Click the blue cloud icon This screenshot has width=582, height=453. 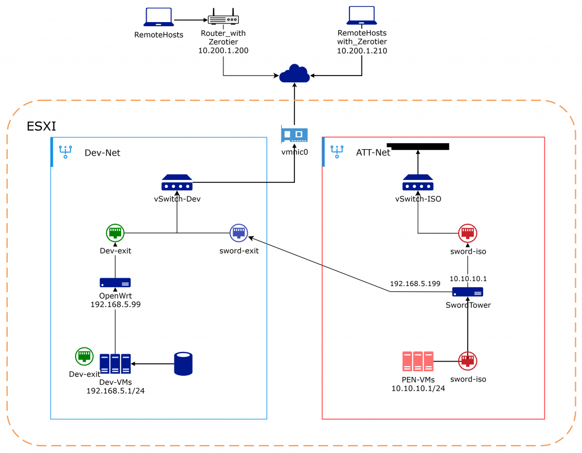tap(294, 74)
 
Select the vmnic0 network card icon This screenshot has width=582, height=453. tap(294, 135)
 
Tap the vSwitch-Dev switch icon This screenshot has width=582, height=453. tap(177, 183)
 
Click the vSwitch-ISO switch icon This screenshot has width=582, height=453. tap(418, 183)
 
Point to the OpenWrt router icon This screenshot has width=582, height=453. tap(115, 282)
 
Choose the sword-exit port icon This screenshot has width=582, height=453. tap(239, 233)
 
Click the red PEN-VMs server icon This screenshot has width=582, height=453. tap(418, 361)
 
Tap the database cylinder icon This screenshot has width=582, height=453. tap(183, 364)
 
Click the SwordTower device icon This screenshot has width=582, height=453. tap(468, 292)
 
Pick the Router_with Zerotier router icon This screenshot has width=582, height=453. tap(223, 19)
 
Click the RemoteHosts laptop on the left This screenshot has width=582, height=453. tap(159, 18)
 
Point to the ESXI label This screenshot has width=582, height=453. tap(41, 126)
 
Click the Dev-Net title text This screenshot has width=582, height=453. tap(102, 153)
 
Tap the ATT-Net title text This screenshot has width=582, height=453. tap(373, 153)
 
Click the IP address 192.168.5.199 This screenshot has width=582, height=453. tap(415, 283)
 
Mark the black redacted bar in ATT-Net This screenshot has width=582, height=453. tap(418, 146)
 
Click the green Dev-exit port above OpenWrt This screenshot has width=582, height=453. tap(115, 233)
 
